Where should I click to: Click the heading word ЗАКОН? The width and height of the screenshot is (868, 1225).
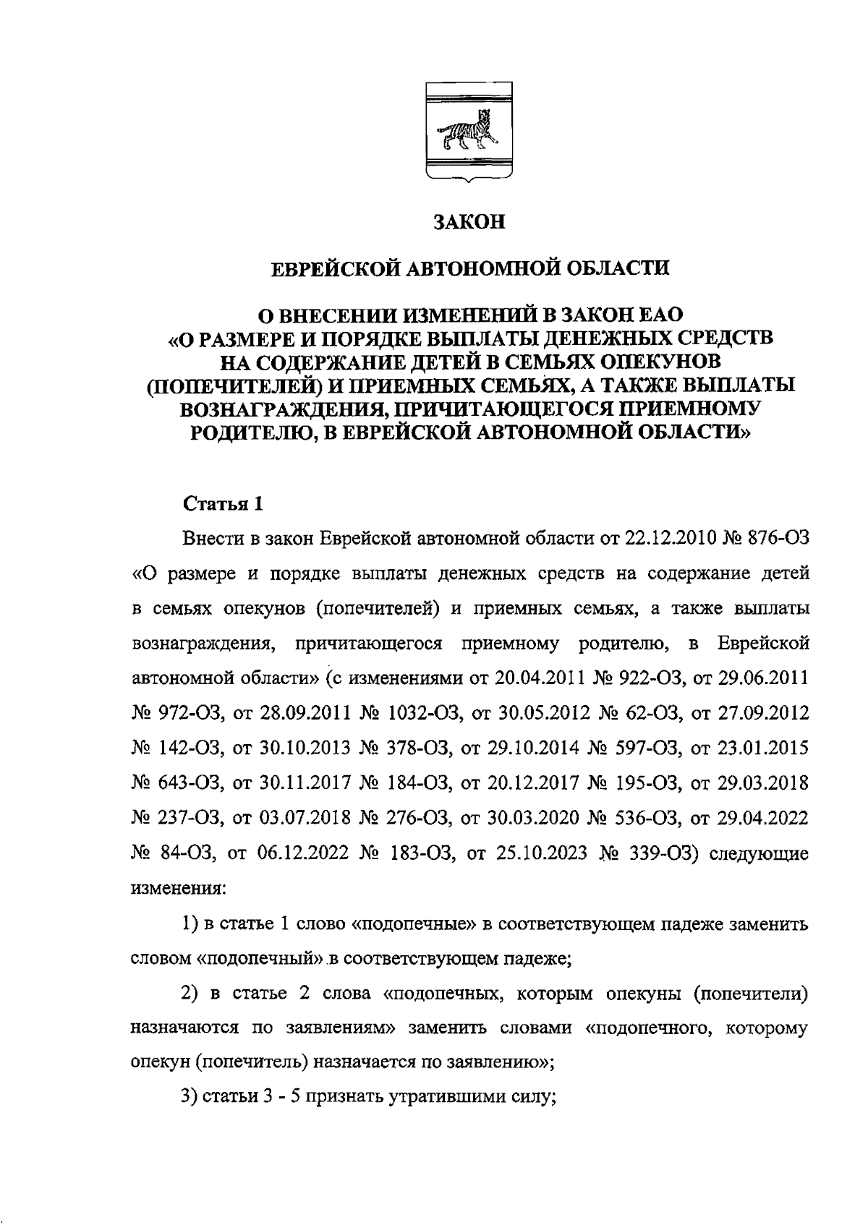point(468,222)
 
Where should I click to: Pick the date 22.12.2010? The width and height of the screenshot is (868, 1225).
point(668,539)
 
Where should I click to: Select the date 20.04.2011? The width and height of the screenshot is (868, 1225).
point(542,679)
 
